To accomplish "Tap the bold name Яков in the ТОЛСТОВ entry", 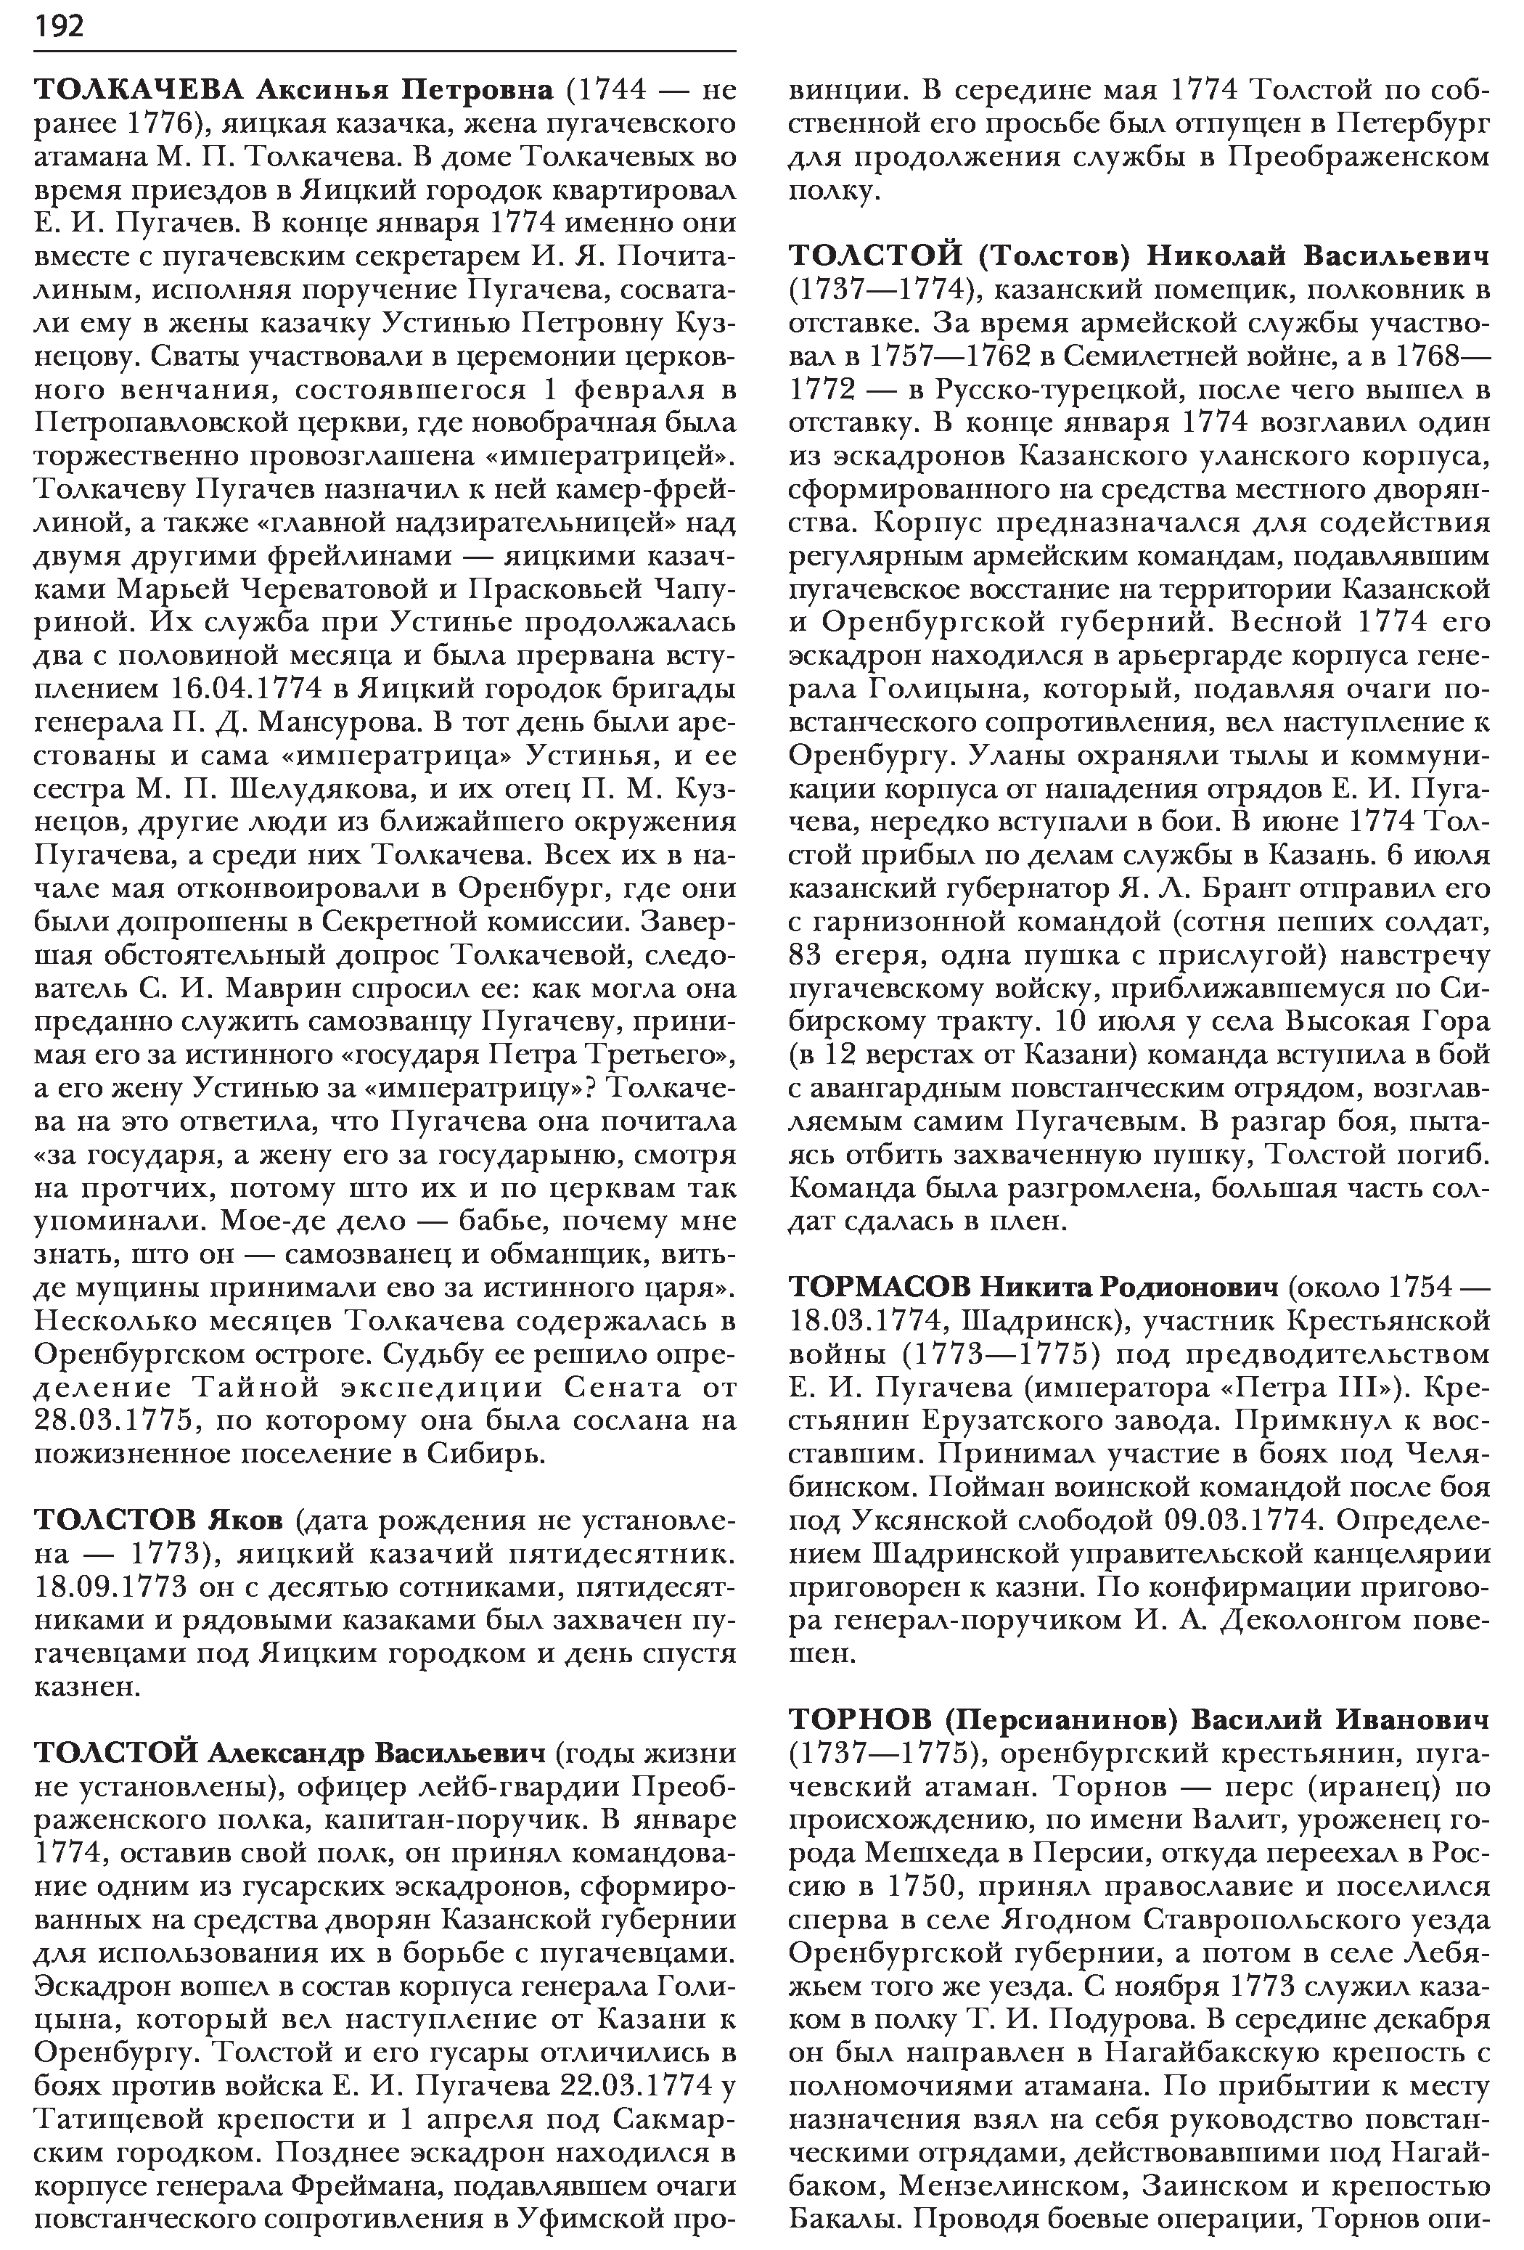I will [246, 1519].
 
